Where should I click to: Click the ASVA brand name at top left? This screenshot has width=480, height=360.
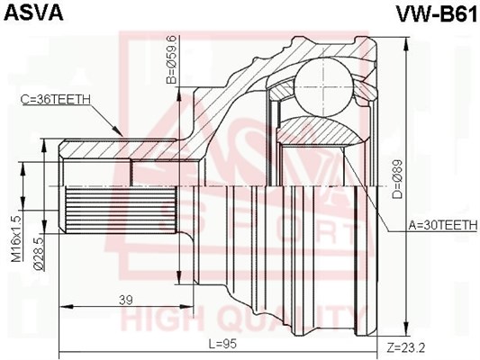[x=32, y=12]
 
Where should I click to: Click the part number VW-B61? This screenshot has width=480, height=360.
[x=437, y=13]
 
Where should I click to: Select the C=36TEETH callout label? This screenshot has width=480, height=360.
[x=56, y=99]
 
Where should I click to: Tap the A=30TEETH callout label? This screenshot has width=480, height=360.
[x=443, y=226]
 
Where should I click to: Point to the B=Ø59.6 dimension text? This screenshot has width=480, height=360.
[x=171, y=59]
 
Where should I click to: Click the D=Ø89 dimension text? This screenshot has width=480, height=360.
[x=397, y=179]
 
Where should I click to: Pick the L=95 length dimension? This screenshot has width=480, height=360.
[x=222, y=345]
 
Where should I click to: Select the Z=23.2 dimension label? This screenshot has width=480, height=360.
[x=405, y=347]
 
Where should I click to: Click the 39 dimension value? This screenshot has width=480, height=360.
[x=126, y=300]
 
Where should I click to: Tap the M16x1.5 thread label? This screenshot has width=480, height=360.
[x=16, y=238]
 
